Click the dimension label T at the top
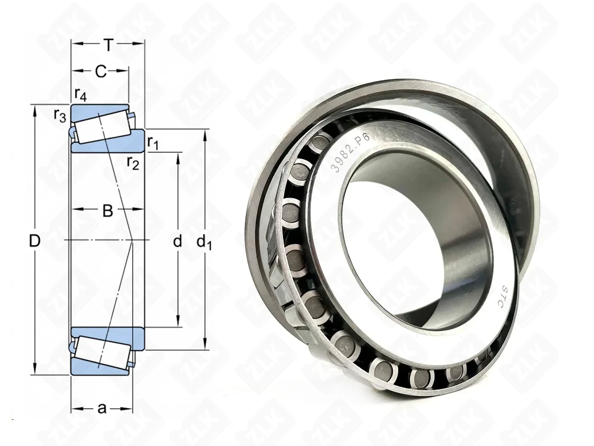(109, 46)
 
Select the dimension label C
(101, 71)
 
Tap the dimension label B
(108, 211)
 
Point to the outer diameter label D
(35, 241)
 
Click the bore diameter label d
(177, 241)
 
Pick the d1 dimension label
(204, 242)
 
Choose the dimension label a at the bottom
(102, 408)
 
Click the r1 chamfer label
(153, 143)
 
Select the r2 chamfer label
(133, 163)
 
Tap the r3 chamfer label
(60, 115)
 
